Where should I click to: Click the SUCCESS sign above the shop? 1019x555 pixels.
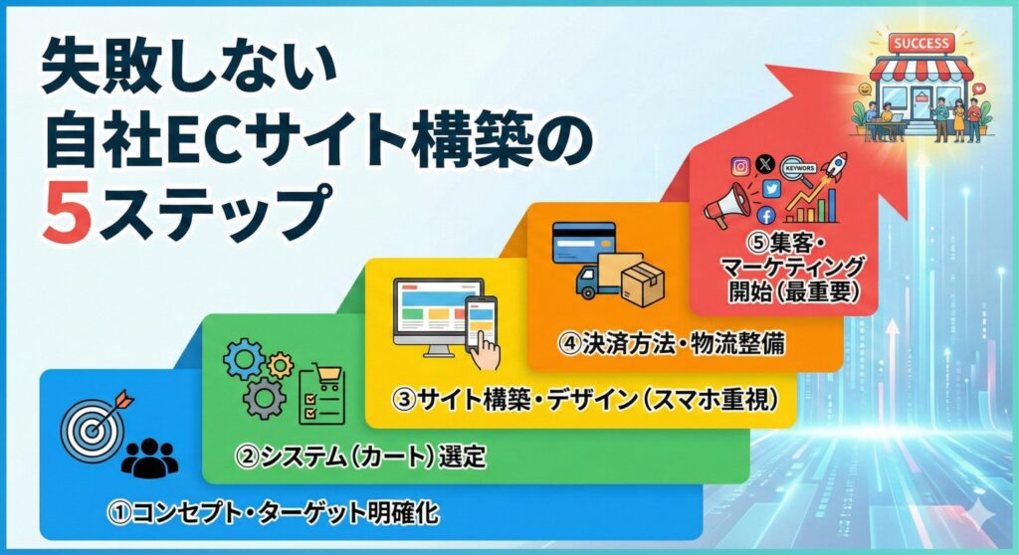922,43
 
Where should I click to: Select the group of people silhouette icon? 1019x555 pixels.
149,456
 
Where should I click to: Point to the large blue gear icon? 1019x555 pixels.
243,358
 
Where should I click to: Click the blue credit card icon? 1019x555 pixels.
584,244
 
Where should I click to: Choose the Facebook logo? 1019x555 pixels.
766,215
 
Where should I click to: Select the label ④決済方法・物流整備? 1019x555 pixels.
672,344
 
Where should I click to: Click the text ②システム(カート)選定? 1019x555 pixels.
360,457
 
